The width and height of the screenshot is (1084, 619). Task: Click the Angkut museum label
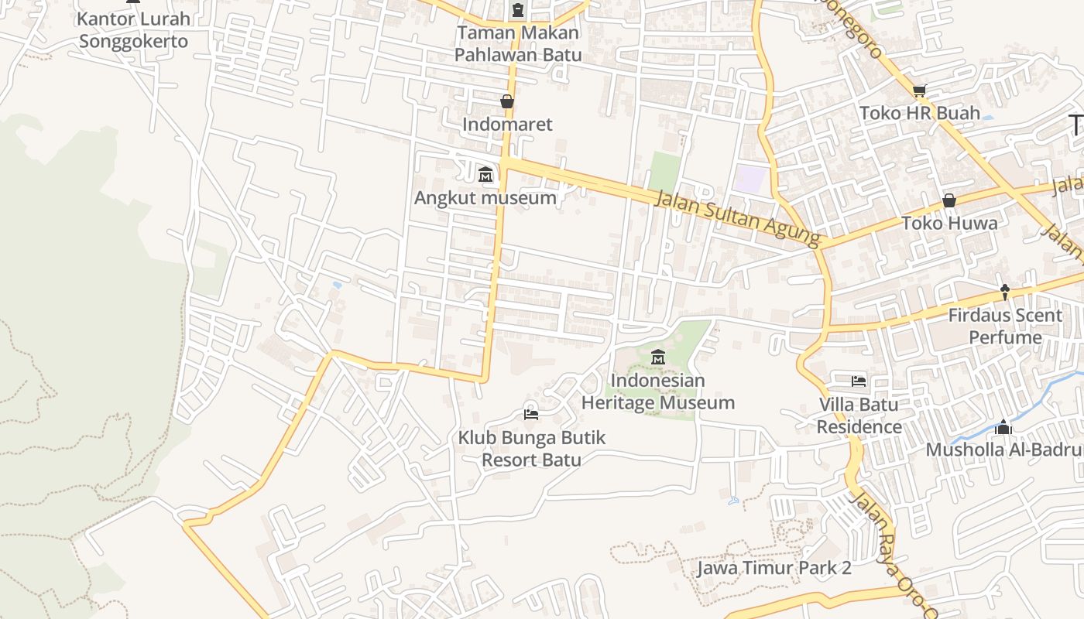click(x=485, y=198)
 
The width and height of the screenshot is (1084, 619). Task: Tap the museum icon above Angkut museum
click(x=485, y=175)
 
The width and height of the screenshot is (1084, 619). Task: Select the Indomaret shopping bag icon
click(x=507, y=101)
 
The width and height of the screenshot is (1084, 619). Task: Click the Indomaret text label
click(x=507, y=125)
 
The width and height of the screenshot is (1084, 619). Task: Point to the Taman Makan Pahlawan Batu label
click(x=517, y=44)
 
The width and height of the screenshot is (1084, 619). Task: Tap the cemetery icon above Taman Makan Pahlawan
click(x=517, y=10)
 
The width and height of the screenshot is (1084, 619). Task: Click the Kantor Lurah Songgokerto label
click(x=133, y=30)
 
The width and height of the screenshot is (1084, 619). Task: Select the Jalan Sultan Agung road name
click(x=737, y=220)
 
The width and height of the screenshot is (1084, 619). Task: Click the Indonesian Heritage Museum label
click(x=657, y=392)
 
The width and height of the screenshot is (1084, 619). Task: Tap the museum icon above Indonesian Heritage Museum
click(x=658, y=357)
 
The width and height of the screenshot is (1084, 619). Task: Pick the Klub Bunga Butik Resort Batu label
click(x=531, y=449)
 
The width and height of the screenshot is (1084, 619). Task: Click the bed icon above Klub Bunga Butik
click(x=531, y=414)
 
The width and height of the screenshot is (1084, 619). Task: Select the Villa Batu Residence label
click(x=859, y=416)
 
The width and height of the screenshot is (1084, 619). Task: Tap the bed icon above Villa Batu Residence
click(x=859, y=381)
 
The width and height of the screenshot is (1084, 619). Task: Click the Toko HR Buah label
click(x=920, y=114)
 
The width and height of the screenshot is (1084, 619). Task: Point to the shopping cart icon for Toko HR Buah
click(x=920, y=91)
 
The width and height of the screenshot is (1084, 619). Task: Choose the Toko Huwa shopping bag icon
click(x=949, y=200)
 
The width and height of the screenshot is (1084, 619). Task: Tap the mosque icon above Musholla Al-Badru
click(x=1003, y=427)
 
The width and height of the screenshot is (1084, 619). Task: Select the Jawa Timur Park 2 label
click(x=774, y=568)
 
